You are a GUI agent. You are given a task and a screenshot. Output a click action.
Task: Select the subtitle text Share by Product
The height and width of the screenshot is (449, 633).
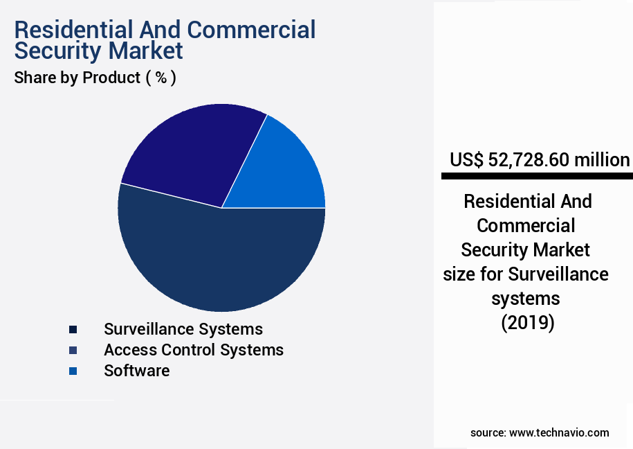pos(77,78)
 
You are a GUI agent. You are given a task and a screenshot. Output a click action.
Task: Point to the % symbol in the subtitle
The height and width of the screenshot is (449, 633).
pos(160,78)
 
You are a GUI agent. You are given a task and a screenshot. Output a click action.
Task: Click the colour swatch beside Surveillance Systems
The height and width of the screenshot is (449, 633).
pos(73,329)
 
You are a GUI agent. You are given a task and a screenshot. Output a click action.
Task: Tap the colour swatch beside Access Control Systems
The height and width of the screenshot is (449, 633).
pos(73,350)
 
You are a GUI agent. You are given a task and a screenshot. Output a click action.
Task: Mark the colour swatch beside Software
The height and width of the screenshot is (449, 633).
pos(73,371)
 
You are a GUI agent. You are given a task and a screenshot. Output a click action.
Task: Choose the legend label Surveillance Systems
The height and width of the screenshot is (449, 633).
pos(183,329)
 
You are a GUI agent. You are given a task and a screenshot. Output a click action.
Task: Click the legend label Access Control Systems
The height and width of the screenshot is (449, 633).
pos(194,350)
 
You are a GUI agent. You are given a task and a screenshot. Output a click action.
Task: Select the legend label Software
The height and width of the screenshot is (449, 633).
pos(136,371)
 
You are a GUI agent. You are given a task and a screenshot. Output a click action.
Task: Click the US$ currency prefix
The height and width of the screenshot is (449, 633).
pos(467,160)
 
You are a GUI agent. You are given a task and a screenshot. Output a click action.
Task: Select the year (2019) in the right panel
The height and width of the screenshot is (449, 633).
pos(527,323)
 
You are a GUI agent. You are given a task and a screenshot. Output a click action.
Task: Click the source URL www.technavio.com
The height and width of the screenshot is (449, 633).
pos(559,432)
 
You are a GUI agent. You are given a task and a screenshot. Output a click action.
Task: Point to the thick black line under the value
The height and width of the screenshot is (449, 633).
pos(537,177)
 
